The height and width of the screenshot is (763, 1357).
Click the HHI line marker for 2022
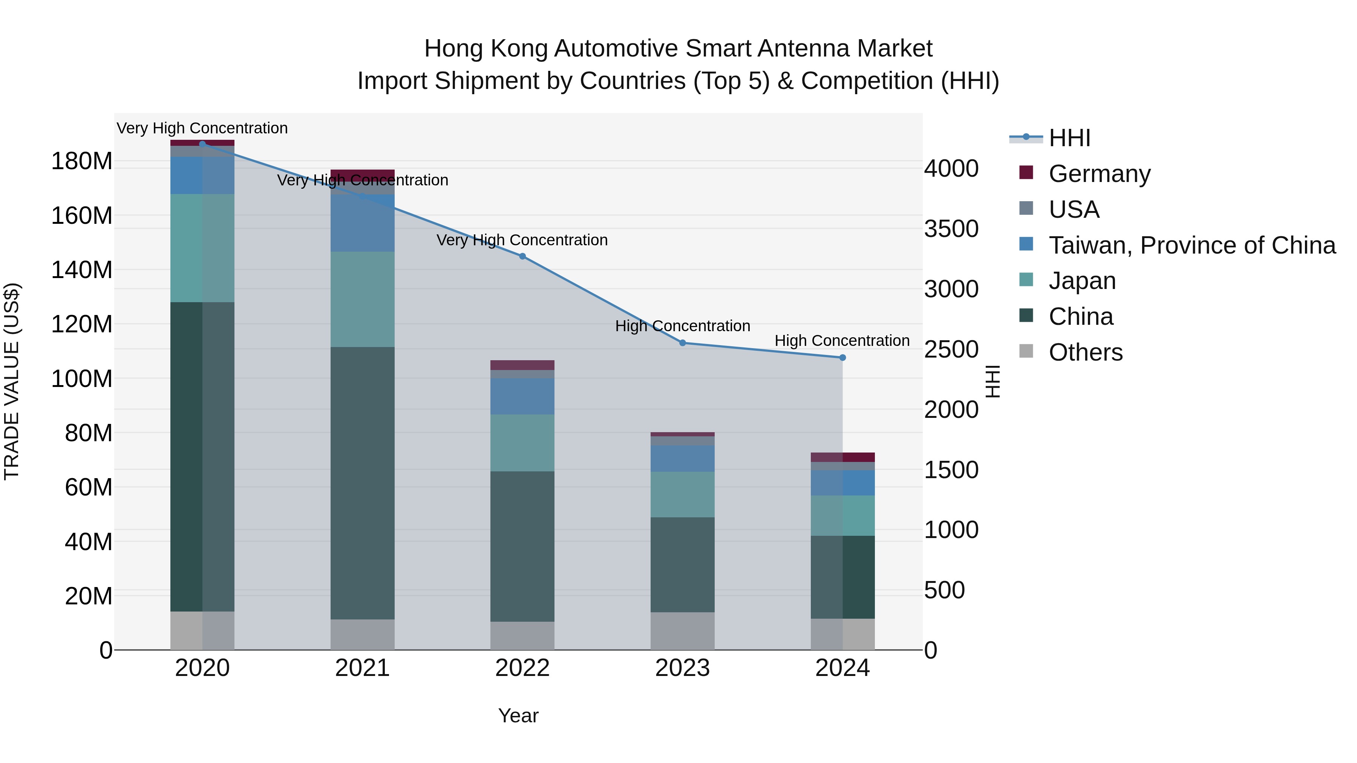pyautogui.click(x=522, y=257)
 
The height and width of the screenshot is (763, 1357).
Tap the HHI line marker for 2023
pyautogui.click(x=682, y=343)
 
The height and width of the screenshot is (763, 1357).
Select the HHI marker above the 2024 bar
pyautogui.click(x=842, y=358)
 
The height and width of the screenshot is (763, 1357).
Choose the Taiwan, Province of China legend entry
pyautogui.click(x=1192, y=245)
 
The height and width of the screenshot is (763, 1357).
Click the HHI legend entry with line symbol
pyautogui.click(x=1069, y=138)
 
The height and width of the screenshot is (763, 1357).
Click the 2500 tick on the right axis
pyautogui.click(x=951, y=349)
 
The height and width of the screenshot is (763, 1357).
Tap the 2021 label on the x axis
pyautogui.click(x=362, y=668)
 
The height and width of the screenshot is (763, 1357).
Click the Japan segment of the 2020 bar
pyautogui.click(x=202, y=248)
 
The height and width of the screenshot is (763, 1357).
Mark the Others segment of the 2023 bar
pyautogui.click(x=682, y=630)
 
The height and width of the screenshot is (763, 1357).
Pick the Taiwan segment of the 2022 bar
pyautogui.click(x=522, y=396)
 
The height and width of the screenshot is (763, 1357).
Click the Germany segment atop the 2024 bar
pyautogui.click(x=842, y=457)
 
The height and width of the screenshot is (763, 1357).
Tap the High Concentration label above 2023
pyautogui.click(x=683, y=326)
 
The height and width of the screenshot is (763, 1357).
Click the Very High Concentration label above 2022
pyautogui.click(x=522, y=240)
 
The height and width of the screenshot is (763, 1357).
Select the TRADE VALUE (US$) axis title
pyautogui.click(x=12, y=381)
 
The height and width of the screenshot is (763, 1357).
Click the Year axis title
pyautogui.click(x=518, y=716)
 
